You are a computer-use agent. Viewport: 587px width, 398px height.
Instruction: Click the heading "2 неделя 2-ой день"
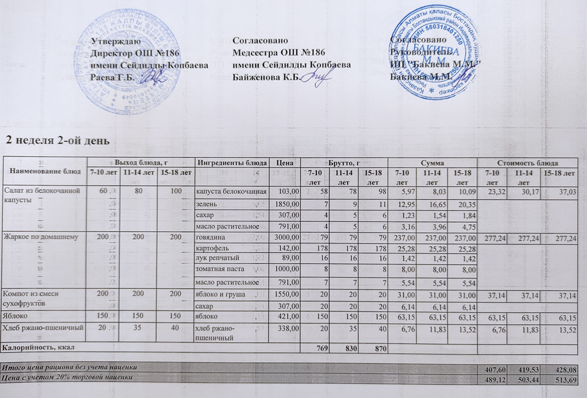coord(57,140)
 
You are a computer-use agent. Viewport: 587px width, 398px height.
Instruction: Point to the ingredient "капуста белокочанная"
coord(232,191)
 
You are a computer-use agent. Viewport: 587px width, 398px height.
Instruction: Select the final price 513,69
coord(568,379)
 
